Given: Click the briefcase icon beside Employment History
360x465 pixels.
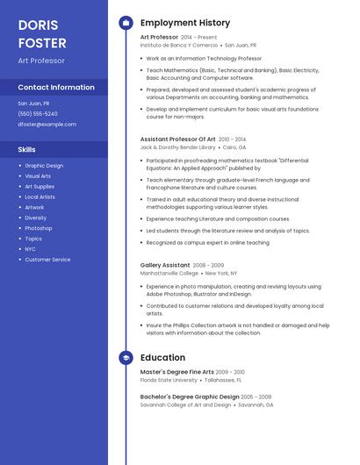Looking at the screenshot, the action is (x=125, y=22).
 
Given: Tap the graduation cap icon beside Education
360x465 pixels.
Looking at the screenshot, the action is (x=125, y=357).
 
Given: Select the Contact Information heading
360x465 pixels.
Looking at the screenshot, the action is (x=56, y=88).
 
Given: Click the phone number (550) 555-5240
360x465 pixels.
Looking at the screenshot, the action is (x=38, y=114).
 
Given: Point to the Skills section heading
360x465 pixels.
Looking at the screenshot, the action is (x=27, y=150).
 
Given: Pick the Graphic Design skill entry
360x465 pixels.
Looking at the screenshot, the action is (x=44, y=166).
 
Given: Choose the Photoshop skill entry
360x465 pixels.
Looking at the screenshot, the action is (x=39, y=228).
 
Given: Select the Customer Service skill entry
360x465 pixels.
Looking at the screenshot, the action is (x=47, y=260).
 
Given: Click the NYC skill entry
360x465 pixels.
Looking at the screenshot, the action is (x=31, y=249).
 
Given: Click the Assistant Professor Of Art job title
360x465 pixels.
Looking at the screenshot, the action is (x=177, y=139).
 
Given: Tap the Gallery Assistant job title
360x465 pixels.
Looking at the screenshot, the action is (x=165, y=265).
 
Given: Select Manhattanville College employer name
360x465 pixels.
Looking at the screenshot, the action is (x=169, y=273).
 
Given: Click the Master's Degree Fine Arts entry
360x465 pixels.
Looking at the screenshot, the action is (x=176, y=372).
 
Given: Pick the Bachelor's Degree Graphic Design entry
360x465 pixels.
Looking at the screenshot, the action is (x=190, y=397).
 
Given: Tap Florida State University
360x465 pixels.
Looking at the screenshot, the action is (x=169, y=380).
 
